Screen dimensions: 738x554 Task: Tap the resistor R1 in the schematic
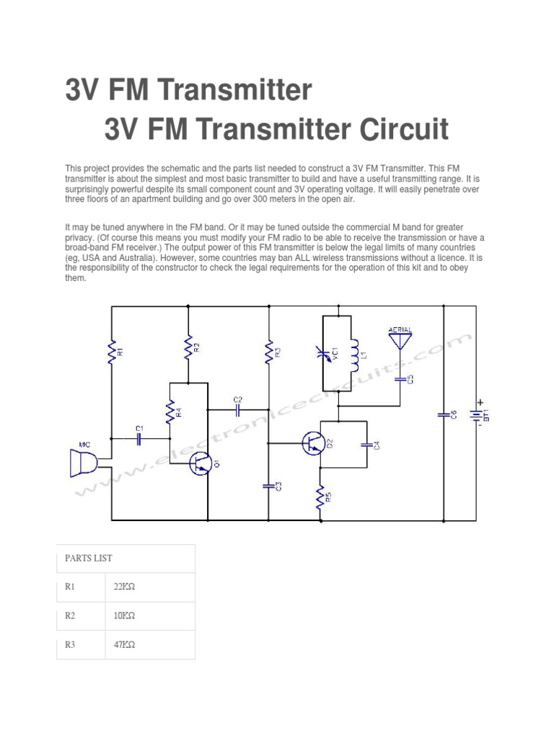(x=112, y=353)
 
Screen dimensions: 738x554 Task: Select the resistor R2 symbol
(x=188, y=348)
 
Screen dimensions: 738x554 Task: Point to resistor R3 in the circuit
(x=268, y=352)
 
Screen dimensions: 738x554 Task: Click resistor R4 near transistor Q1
(x=170, y=414)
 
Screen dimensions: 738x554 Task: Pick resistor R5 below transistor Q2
(x=320, y=497)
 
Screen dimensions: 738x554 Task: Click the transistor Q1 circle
(x=201, y=464)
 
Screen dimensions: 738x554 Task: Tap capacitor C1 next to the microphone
(x=139, y=437)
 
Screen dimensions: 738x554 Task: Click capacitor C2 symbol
(x=238, y=408)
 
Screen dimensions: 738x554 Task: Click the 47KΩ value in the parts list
(x=124, y=645)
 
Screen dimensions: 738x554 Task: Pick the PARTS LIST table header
(x=89, y=558)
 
